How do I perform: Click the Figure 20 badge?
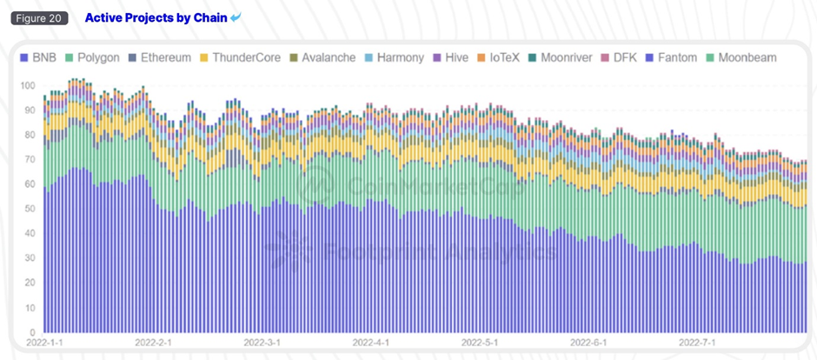pos(39,17)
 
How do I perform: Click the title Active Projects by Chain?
pos(156,17)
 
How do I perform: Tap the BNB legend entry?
pos(38,57)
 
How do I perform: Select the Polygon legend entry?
pos(92,57)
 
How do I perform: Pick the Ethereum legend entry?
pos(159,57)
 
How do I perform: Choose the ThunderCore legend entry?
pos(240,57)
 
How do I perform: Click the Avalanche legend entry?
pos(322,57)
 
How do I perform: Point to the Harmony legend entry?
pos(394,57)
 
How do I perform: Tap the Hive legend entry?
pos(450,57)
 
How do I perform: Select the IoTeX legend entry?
pos(498,57)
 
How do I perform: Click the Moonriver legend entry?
pos(560,57)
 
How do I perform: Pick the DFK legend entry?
pos(619,57)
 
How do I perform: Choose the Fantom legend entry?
pos(671,57)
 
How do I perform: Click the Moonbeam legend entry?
pos(741,57)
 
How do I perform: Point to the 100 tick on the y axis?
pos(28,85)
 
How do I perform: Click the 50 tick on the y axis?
pos(30,209)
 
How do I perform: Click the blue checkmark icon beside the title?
pos(236,17)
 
